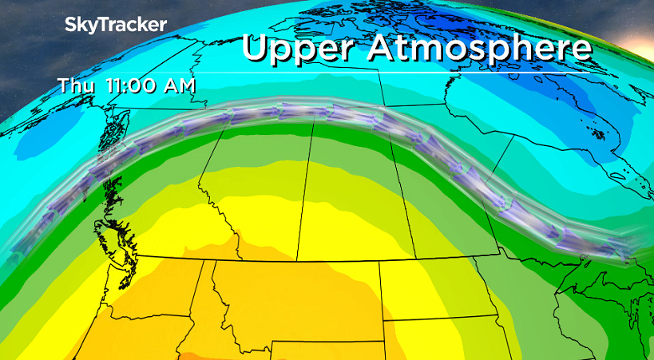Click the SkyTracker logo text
coord(116,25)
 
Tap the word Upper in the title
coord(293,48)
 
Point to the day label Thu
coord(77,86)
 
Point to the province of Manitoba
coord(447,200)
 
